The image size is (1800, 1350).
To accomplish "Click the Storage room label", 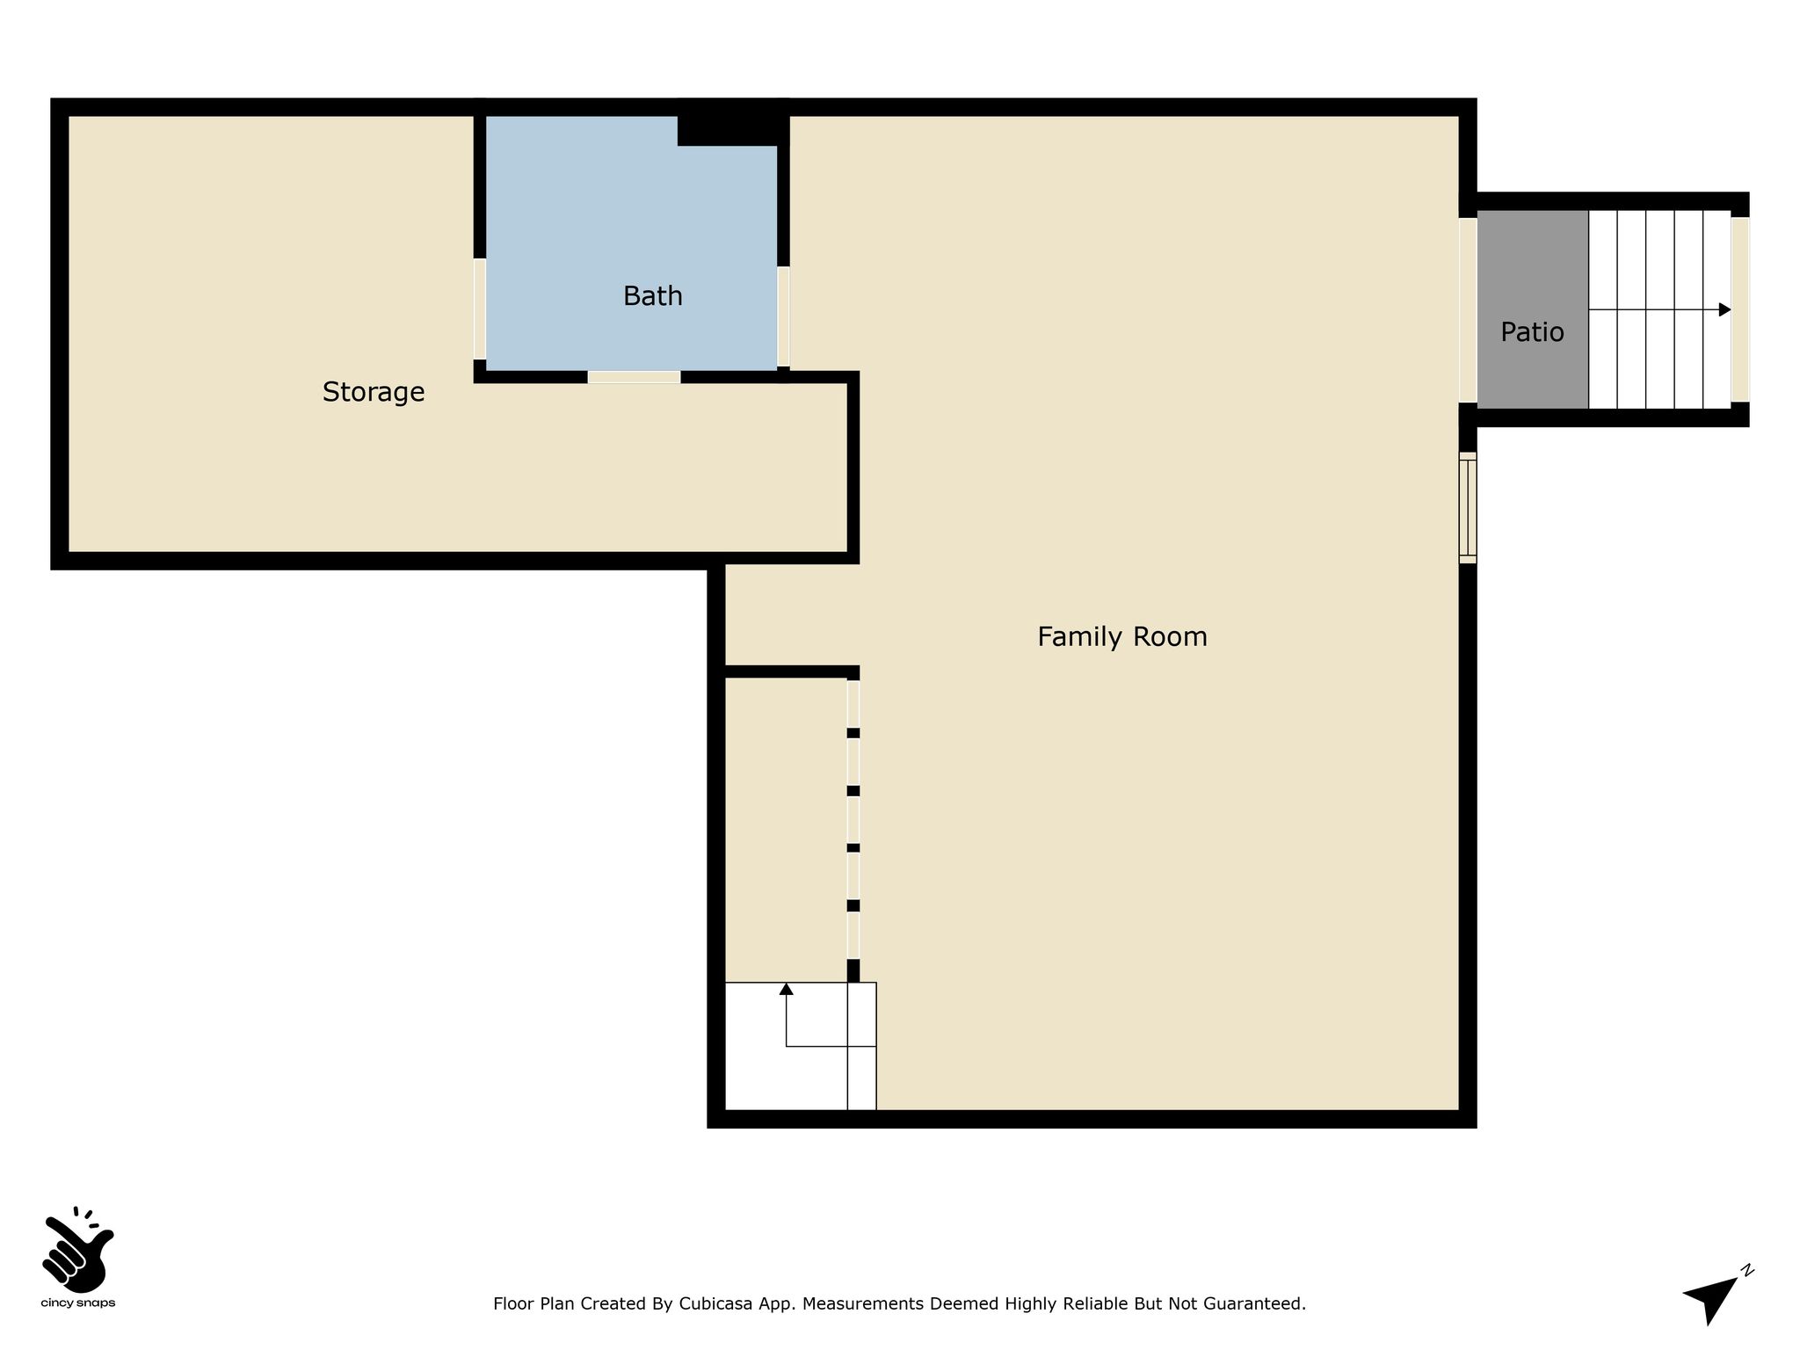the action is click(374, 392).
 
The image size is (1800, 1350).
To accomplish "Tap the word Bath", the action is click(652, 296).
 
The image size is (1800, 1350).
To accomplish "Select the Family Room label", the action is click(1122, 636).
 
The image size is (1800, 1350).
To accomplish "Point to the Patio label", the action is click(1532, 332).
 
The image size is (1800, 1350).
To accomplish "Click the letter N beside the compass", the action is click(1747, 1270).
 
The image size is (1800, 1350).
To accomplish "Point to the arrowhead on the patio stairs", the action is click(1724, 309).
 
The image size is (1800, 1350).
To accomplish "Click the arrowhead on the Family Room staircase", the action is click(787, 989).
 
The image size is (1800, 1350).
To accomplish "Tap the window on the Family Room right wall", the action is click(1468, 507).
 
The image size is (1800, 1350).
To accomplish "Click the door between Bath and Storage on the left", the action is click(480, 308).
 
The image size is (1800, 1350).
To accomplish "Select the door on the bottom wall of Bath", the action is click(634, 377).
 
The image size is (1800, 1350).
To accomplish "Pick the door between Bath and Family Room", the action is click(783, 317).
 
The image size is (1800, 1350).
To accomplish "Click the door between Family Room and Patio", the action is click(1468, 310).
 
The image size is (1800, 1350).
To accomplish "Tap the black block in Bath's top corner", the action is click(731, 130).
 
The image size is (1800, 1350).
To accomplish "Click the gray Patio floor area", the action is click(1532, 309).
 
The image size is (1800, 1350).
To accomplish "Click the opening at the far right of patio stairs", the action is click(1740, 309).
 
